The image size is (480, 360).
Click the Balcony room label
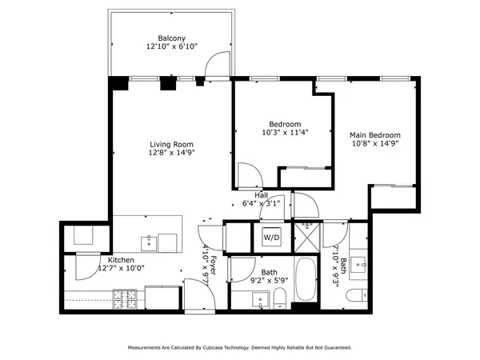[172, 38]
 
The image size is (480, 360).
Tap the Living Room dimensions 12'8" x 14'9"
[172, 152]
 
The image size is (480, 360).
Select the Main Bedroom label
[374, 135]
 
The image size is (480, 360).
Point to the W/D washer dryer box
[272, 238]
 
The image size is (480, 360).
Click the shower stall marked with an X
[306, 238]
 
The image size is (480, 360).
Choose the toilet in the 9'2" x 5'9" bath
[279, 300]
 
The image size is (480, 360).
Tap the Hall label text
[262, 195]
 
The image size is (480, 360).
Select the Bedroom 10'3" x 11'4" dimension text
[285, 133]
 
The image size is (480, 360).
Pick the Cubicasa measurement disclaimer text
[239, 348]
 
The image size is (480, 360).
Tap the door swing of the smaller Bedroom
[250, 176]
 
